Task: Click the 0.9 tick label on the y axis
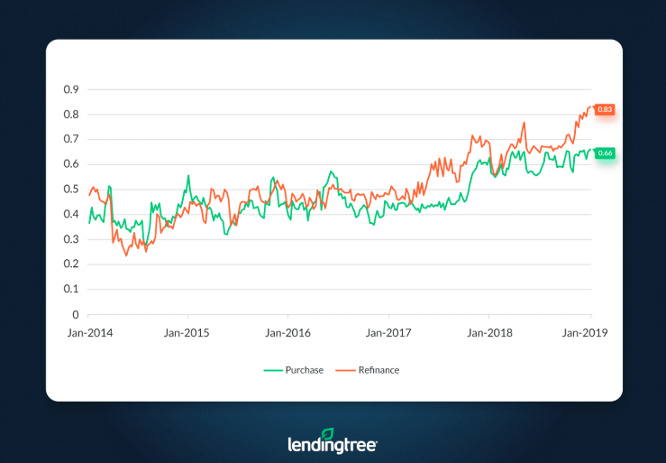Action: (71, 90)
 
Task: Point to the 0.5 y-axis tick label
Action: (71, 190)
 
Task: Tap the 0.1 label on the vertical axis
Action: (71, 290)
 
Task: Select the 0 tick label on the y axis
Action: (76, 315)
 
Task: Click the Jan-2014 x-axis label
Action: (88, 332)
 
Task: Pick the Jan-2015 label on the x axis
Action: (188, 332)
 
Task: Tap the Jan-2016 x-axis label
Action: (288, 332)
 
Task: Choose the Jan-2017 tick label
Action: (388, 332)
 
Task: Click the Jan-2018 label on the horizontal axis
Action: (488, 332)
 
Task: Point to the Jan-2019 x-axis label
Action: (588, 332)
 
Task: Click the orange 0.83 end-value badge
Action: (605, 110)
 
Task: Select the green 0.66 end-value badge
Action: (605, 153)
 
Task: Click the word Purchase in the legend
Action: (306, 370)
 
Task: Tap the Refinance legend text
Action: (379, 370)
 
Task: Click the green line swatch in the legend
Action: (274, 370)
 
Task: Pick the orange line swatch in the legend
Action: (345, 370)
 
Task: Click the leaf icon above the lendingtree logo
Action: (327, 434)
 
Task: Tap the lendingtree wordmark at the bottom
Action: (332, 444)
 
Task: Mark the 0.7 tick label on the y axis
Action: (71, 140)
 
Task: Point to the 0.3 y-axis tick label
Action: (71, 240)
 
